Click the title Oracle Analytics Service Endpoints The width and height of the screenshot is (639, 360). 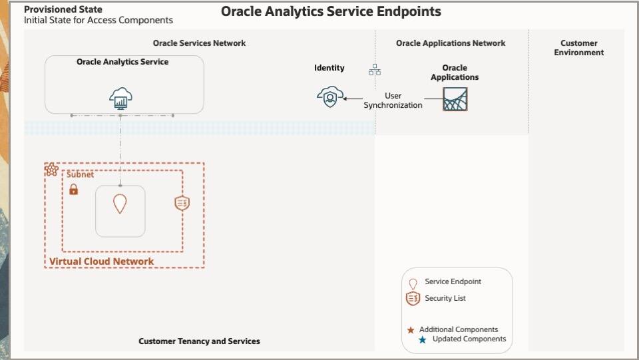tap(331, 12)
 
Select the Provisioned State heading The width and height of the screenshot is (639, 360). tap(63, 9)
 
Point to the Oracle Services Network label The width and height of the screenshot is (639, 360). tap(199, 43)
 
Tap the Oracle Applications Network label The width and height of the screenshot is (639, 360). tap(451, 43)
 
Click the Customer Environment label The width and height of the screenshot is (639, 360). tap(578, 48)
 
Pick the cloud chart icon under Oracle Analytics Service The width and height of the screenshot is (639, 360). tap(120, 99)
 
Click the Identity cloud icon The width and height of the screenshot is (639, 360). tap(329, 97)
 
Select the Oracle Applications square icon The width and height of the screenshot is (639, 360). tap(455, 99)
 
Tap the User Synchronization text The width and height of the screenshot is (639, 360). tap(393, 100)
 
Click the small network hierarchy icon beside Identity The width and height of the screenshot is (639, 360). tap(375, 70)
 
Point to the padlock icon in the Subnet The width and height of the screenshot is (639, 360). tap(73, 190)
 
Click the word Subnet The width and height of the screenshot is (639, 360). tap(80, 175)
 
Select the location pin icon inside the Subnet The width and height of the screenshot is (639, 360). tap(120, 204)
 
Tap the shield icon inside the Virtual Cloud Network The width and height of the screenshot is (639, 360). tap(182, 204)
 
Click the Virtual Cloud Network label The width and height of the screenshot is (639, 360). tap(101, 262)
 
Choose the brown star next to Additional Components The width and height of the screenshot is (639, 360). tap(411, 330)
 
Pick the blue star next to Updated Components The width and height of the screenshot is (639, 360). tap(422, 340)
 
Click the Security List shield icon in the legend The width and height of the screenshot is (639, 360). tap(413, 299)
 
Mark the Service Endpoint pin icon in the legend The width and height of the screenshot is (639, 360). tap(413, 283)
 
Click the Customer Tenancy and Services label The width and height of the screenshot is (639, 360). tap(199, 341)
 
